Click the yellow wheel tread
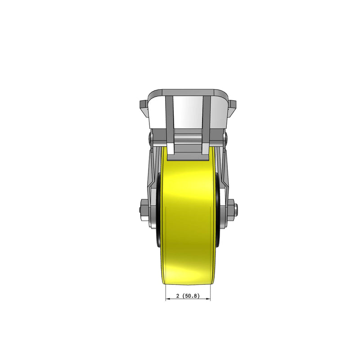[x=188, y=216]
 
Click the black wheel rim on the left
[x=159, y=211]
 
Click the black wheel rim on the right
[x=219, y=211]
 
